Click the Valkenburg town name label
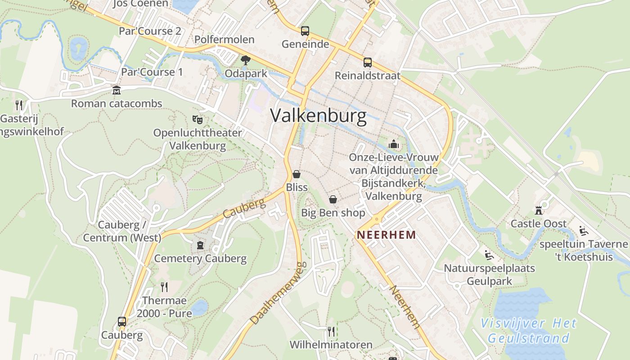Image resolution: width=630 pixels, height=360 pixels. click(319, 116)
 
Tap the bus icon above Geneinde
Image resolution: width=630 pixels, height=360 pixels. click(305, 31)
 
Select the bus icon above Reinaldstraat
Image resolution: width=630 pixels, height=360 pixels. click(368, 62)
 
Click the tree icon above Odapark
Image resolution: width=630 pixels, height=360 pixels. click(246, 60)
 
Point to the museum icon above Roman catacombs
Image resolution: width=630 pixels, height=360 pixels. click(117, 90)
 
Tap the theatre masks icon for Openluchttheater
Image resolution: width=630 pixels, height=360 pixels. click(197, 119)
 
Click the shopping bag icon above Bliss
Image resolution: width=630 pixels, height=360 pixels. click(297, 174)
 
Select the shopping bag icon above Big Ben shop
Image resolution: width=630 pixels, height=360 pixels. click(333, 199)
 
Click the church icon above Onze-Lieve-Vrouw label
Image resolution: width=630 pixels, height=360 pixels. click(394, 144)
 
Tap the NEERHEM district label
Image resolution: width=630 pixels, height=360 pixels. click(386, 235)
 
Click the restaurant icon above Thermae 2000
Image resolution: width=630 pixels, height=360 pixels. click(164, 287)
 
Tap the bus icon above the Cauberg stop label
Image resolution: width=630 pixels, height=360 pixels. click(122, 322)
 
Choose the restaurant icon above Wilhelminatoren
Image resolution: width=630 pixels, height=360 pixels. click(331, 332)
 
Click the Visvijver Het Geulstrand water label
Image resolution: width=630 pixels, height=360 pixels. click(529, 330)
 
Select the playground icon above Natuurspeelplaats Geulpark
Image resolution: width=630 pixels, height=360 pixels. click(489, 255)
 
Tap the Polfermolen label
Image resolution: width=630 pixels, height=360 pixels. click(225, 40)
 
